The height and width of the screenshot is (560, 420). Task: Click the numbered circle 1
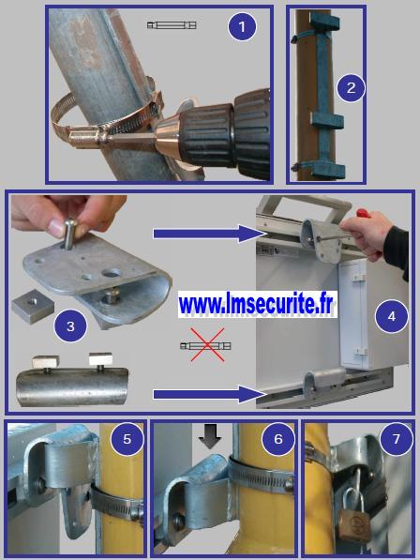tap(242, 26)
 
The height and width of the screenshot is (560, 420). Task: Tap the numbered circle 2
tap(352, 87)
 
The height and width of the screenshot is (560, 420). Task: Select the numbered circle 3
tap(70, 325)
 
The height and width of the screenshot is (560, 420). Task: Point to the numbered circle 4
tap(392, 316)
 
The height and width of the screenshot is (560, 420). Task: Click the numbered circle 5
tap(127, 439)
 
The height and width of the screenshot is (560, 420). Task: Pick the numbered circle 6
tap(278, 439)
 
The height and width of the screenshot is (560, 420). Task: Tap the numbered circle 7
tap(397, 439)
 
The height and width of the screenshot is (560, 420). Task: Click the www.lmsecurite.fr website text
tap(257, 305)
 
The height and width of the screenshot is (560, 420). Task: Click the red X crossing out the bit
tap(207, 345)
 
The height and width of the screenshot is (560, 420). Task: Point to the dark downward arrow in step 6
tap(210, 436)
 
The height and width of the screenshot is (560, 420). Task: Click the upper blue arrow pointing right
tap(210, 234)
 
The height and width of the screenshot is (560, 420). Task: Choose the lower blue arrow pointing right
tap(210, 394)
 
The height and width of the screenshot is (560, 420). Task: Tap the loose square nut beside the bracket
tap(33, 306)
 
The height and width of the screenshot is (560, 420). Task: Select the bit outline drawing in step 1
tap(172, 25)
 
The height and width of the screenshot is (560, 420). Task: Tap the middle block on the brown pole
tap(327, 120)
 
